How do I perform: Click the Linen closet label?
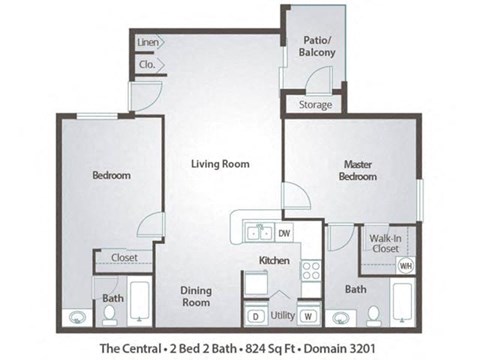point(148,44)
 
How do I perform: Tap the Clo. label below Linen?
point(146,65)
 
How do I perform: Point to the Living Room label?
point(221,163)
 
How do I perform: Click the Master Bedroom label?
point(357,170)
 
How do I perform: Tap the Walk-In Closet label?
point(386,243)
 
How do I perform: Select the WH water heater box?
point(405,266)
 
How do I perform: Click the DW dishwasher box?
point(285,234)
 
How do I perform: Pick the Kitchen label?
point(274,260)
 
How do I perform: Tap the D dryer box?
point(256,317)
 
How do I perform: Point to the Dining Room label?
point(196,296)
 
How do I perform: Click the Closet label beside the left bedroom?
point(124,258)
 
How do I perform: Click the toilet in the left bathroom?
point(110,314)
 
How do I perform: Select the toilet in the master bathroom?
point(372,314)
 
